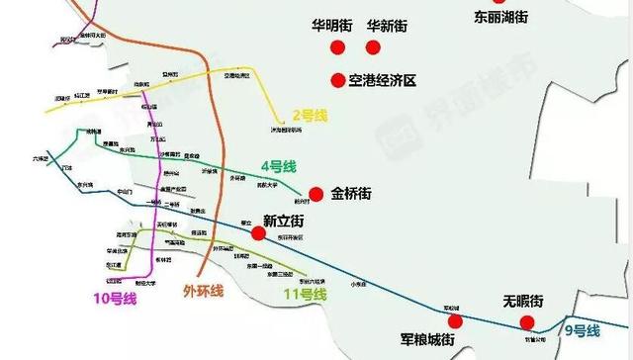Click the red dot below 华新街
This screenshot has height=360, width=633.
373,48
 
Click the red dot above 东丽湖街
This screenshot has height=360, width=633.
487,2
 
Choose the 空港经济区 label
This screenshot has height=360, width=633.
389,79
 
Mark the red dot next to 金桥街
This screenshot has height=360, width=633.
316,194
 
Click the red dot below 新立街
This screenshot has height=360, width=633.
258,234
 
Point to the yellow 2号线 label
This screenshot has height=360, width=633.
309,115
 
